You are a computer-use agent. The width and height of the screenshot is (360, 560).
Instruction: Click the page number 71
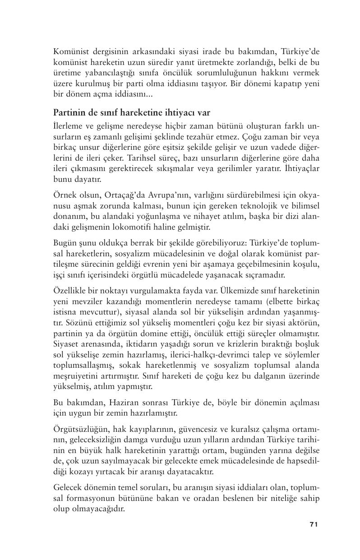pos(314,524)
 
